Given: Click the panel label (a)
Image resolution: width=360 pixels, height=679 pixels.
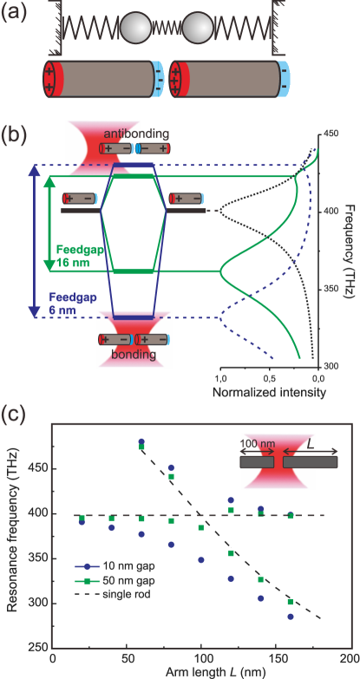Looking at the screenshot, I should [18, 11].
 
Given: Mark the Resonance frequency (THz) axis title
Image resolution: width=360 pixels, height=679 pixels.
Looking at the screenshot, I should [12, 536].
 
